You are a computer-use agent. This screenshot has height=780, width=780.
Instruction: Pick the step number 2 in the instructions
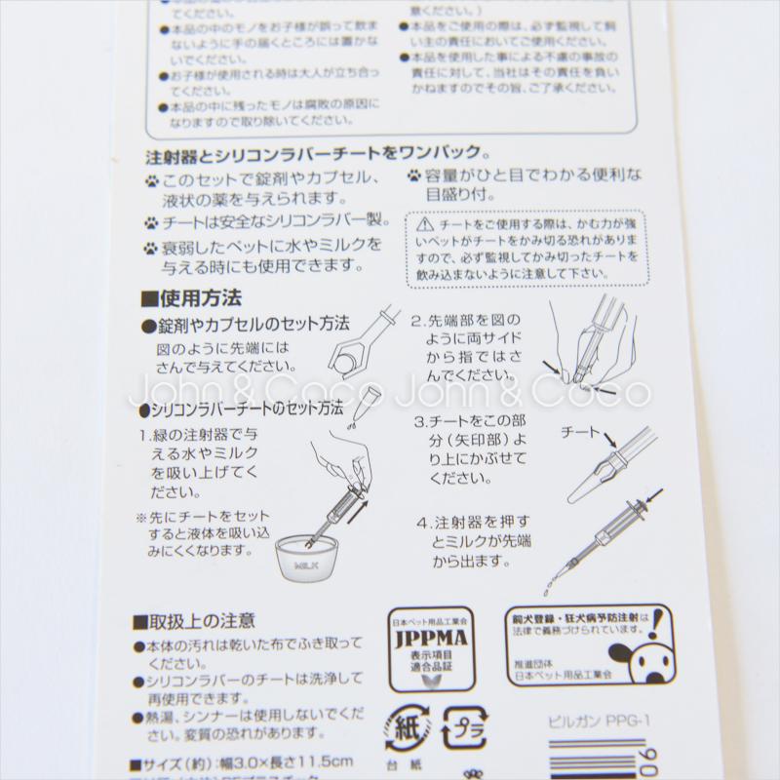(x=415, y=319)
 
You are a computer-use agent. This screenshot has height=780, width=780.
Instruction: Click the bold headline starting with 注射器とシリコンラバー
(x=317, y=153)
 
